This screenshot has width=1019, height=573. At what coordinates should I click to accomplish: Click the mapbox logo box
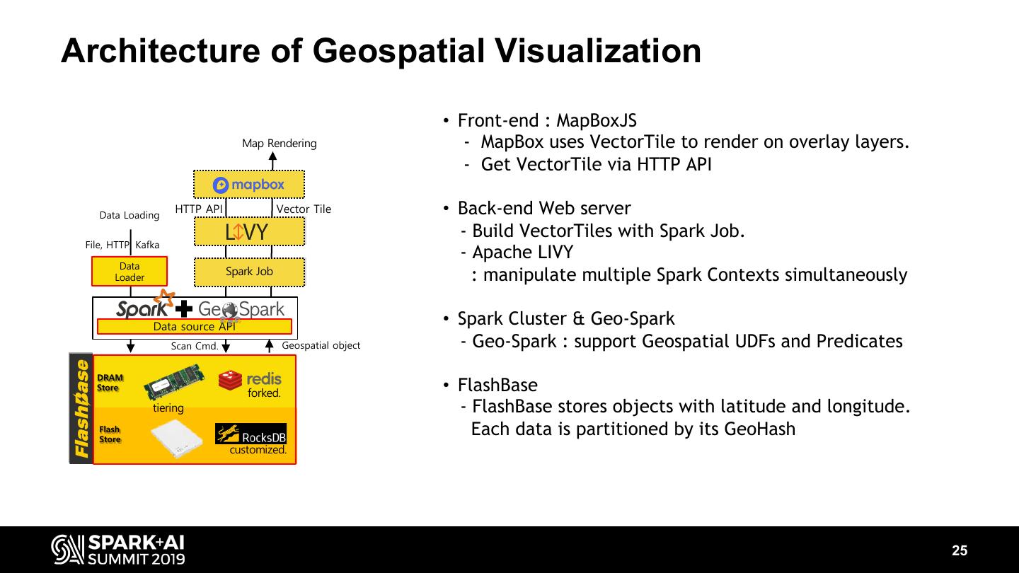[249, 185]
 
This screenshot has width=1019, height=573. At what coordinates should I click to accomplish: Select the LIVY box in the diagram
[249, 231]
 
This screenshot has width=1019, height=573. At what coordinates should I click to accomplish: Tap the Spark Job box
[249, 272]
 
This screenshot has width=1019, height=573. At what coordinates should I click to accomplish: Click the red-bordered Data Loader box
[129, 272]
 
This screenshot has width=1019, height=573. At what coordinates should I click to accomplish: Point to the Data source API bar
[194, 327]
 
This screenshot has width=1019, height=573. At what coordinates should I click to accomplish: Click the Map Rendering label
[279, 144]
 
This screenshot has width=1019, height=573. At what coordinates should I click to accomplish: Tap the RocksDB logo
[251, 434]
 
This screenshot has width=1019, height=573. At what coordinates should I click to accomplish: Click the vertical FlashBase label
[81, 408]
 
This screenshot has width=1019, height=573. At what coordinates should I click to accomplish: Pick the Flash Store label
[110, 434]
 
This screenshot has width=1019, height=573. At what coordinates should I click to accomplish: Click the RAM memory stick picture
[174, 383]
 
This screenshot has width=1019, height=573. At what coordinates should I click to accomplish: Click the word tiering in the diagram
[168, 408]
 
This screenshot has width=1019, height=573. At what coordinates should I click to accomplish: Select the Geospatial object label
[321, 345]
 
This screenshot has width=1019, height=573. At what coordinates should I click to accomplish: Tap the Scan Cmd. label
[195, 347]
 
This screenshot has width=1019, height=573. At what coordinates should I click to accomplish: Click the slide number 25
[960, 551]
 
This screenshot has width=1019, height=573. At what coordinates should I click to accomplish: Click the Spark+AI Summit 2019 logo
[118, 550]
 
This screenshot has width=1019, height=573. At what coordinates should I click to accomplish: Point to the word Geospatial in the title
[399, 51]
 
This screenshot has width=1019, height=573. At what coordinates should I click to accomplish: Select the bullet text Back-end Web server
[544, 209]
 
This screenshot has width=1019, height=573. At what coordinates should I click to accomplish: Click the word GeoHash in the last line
[759, 429]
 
